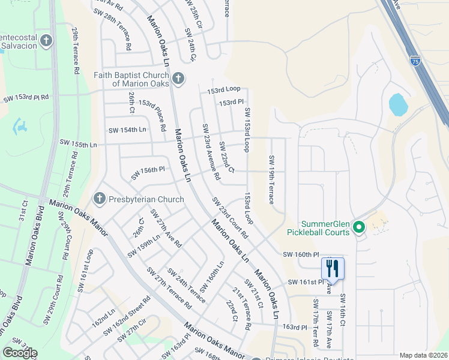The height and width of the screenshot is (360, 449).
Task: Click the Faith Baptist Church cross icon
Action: pyautogui.click(x=178, y=79)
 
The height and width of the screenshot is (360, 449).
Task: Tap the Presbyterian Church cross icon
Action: pyautogui.click(x=100, y=199)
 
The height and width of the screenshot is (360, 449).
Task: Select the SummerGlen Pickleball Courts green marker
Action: pyautogui.click(x=359, y=227)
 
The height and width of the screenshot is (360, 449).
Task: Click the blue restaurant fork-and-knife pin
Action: pyautogui.click(x=332, y=268)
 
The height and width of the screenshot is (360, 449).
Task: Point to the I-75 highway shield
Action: pyautogui.click(x=415, y=60)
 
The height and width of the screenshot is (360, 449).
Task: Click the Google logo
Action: pyautogui.click(x=20, y=352)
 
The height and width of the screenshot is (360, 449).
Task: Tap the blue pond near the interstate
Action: pyautogui.click(x=398, y=105)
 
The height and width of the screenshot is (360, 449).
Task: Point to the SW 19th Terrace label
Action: pyautogui.click(x=271, y=179)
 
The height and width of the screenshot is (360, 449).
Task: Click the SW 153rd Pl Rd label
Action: pyautogui.click(x=26, y=97)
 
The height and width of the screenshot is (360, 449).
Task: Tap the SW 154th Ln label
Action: pyautogui.click(x=127, y=130)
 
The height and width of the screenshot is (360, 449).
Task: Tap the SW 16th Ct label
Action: pyautogui.click(x=342, y=310)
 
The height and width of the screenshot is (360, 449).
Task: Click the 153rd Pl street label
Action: pyautogui.click(x=231, y=103)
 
